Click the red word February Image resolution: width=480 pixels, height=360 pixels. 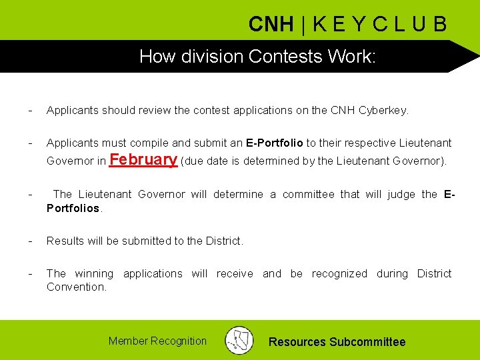point(143,160)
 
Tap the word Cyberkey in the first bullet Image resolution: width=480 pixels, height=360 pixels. point(383,111)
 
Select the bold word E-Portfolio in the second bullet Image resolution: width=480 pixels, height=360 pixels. point(275,143)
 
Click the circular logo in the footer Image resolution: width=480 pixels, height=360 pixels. point(239,340)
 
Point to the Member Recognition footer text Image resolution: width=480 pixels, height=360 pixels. point(157,341)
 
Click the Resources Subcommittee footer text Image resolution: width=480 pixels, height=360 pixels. point(337,342)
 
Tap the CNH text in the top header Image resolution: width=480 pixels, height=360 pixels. point(271,25)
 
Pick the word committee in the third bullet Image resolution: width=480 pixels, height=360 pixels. point(309,194)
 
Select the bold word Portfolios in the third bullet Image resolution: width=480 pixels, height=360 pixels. point(73,207)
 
